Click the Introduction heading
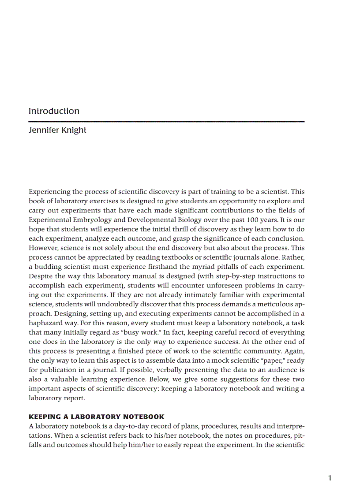54,111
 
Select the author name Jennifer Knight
57,130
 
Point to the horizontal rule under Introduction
166,121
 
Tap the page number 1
330,478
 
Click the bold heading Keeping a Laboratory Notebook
96,417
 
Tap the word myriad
189,267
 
